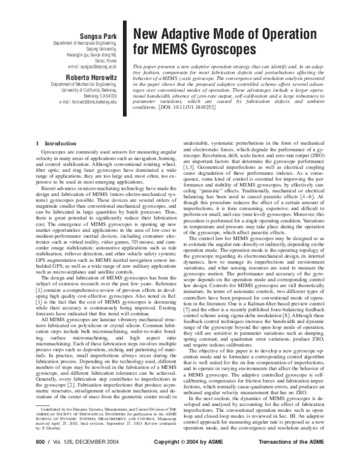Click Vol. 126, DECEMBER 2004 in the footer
(80, 458)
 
